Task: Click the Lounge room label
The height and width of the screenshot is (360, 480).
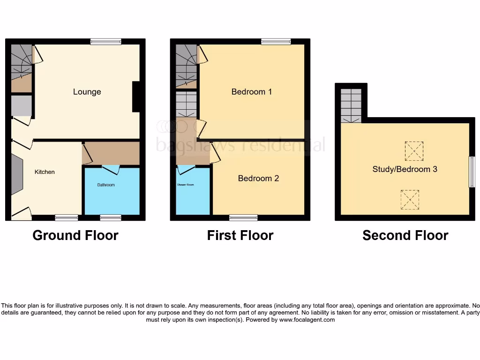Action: [87, 92]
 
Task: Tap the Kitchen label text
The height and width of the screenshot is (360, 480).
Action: [45, 172]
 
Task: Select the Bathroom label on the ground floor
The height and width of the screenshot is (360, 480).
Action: [106, 185]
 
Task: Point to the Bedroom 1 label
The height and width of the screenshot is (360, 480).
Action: [252, 92]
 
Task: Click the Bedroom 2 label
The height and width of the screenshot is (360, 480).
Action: [258, 179]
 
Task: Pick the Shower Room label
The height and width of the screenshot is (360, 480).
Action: [185, 185]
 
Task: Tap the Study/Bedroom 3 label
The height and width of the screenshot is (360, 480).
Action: [405, 169]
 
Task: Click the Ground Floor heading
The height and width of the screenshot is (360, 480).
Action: [75, 235]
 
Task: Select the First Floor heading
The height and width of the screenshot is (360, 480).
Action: [240, 235]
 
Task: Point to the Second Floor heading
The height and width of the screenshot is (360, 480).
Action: [405, 235]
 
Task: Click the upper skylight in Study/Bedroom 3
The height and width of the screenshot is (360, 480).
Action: [414, 150]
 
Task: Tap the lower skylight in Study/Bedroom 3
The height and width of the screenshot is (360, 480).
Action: [410, 199]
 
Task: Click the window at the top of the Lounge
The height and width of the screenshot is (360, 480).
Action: [106, 42]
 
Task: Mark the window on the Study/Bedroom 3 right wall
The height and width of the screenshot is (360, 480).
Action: [472, 172]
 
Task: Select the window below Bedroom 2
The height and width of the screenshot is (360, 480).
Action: [243, 217]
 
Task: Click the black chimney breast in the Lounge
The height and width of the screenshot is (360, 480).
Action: [136, 97]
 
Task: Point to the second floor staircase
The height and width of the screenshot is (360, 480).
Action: [351, 106]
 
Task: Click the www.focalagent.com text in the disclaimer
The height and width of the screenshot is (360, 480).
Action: [307, 320]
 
